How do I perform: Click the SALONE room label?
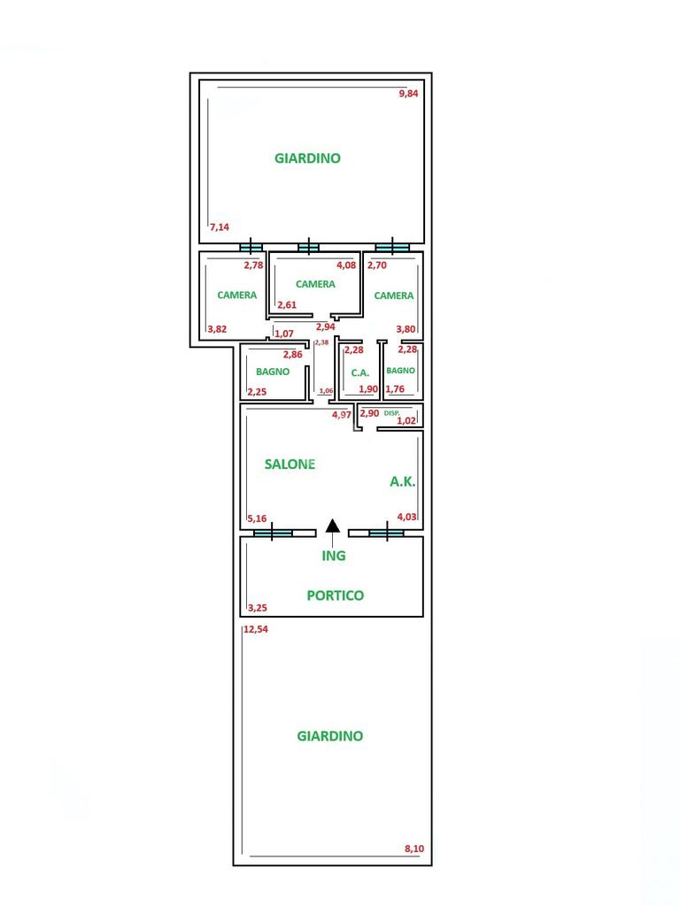pos(290,464)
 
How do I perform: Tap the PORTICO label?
pos(336,595)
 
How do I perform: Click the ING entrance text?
pos(333,557)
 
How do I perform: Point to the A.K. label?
pos(403,482)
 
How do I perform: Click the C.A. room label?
pos(359,372)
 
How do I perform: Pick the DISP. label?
pos(392,413)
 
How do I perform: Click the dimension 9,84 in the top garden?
pos(408,94)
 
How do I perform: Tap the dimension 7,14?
pos(220,227)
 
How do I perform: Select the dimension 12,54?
pos(256,630)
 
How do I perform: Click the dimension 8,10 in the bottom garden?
pos(414,849)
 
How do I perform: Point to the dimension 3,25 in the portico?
pos(258,608)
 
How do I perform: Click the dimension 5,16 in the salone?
pos(258,518)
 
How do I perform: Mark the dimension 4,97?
pos(342,414)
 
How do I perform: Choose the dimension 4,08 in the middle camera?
pos(345,265)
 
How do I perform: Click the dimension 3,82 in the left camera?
pos(217,329)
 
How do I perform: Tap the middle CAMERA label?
pos(315,284)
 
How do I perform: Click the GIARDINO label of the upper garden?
pos(307,158)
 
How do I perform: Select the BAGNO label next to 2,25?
pos(273,372)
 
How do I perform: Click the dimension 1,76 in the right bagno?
pos(395,388)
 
